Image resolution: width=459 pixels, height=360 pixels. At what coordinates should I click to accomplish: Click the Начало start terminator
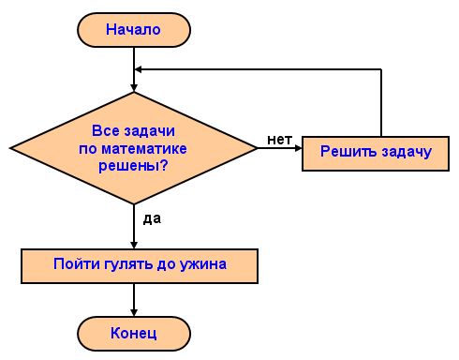134,29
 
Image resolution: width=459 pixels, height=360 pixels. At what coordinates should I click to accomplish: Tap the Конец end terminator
134,332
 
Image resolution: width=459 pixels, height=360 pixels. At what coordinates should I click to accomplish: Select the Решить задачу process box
376,151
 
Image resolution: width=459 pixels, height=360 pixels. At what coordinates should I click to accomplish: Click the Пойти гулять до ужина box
140,264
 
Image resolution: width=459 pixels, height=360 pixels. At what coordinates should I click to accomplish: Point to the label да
153,218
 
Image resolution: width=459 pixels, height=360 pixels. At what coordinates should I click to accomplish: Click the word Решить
346,151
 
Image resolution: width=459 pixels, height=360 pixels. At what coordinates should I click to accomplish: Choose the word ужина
204,264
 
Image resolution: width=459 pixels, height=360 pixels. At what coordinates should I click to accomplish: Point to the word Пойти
72,264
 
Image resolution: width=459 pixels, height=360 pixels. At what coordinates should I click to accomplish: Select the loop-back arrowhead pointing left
141,69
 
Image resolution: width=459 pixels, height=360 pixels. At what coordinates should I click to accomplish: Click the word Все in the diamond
107,131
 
